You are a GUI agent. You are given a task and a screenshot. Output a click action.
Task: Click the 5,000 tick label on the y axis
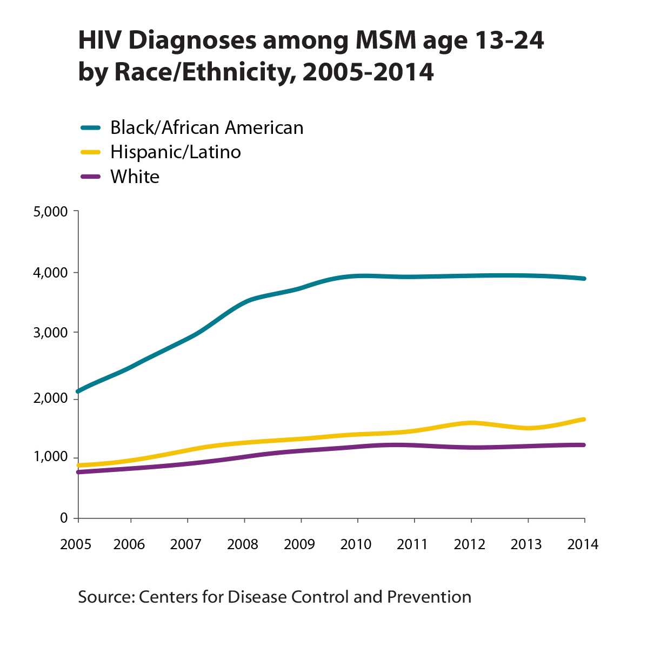(50, 212)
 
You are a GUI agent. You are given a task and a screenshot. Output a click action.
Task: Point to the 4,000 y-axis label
(50, 273)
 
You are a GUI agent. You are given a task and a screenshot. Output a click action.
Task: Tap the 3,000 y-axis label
(50, 333)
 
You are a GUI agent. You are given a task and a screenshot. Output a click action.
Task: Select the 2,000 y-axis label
(50, 398)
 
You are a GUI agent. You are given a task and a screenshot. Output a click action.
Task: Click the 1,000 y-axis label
(50, 457)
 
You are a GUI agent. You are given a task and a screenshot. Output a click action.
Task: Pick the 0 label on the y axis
(64, 518)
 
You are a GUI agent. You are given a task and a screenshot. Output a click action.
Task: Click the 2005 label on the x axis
(76, 544)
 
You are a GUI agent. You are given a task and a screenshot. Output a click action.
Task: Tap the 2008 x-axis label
(243, 544)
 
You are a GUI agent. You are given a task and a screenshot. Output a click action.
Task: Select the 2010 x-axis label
(356, 544)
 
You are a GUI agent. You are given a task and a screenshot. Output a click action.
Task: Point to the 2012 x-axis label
(469, 544)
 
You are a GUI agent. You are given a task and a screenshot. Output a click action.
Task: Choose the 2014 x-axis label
(583, 544)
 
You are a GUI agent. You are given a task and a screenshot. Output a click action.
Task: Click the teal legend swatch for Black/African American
(90, 128)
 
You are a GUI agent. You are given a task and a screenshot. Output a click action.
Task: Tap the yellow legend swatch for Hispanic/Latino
(90, 152)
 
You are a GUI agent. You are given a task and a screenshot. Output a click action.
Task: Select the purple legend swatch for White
(90, 177)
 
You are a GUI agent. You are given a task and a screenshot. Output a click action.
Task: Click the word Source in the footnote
(105, 597)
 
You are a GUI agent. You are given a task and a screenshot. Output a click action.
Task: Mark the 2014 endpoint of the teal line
(584, 279)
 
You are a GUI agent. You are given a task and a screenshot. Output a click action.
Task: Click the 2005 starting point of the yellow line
(79, 465)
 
